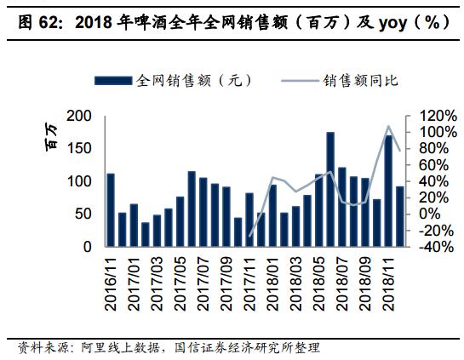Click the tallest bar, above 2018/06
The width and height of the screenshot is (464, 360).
click(x=330, y=189)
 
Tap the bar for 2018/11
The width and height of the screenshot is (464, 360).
click(x=388, y=191)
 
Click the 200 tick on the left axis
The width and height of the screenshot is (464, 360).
click(x=78, y=116)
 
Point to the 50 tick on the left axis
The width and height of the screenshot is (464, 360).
click(x=83, y=214)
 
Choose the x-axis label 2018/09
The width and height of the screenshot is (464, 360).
click(x=365, y=286)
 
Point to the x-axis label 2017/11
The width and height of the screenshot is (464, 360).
click(x=250, y=286)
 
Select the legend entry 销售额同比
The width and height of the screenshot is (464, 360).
click(x=361, y=81)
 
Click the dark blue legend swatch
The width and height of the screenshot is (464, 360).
click(x=114, y=81)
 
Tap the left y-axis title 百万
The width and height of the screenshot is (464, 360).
click(x=52, y=137)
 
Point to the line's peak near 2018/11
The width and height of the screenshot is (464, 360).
click(x=388, y=126)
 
